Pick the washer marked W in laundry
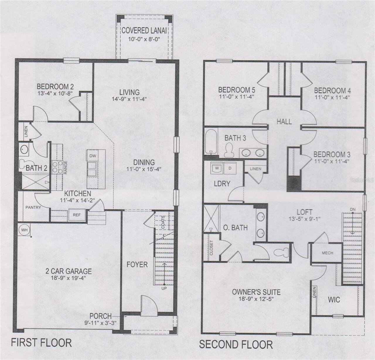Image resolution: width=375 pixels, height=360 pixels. [x=217, y=168]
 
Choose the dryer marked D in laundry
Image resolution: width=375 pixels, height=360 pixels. [x=230, y=168]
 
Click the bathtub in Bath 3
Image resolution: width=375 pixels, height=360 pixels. [x=211, y=141]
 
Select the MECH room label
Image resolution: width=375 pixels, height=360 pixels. [x=327, y=253]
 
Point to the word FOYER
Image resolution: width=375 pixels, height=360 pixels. [x=137, y=265]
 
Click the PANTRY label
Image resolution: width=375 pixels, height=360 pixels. [x=33, y=208]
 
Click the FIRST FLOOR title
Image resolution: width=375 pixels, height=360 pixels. [x=41, y=342]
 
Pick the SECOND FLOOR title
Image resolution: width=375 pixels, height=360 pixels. [x=236, y=344]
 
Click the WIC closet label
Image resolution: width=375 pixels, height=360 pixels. [x=334, y=300]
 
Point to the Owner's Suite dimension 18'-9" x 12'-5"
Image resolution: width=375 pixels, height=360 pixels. [x=256, y=299]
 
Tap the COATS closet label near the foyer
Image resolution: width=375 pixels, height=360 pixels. [x=163, y=222]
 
